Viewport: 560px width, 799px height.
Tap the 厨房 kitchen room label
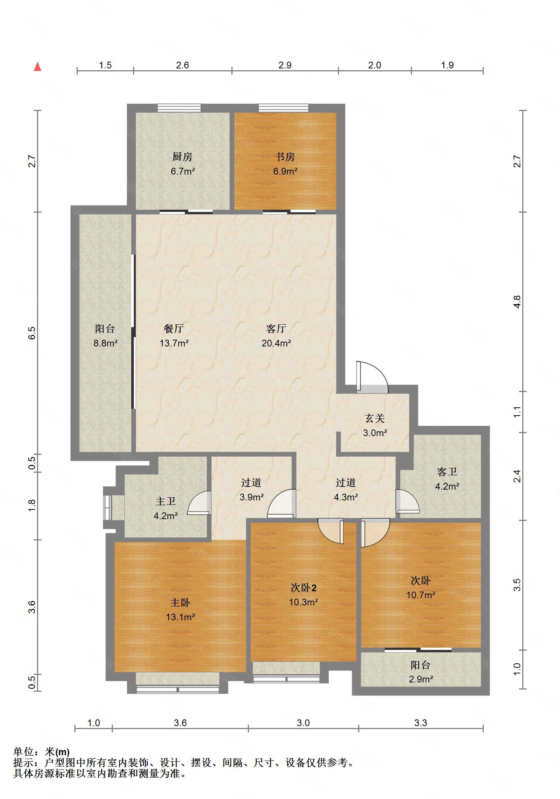(182, 157)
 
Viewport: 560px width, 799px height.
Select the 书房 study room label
(285, 157)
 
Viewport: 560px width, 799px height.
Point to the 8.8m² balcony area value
(106, 343)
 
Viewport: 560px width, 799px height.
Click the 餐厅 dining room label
(174, 328)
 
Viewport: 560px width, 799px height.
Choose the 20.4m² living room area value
(276, 343)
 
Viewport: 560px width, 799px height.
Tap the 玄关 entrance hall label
(375, 419)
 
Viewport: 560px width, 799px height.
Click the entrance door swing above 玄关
(372, 377)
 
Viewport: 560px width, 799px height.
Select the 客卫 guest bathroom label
(447, 472)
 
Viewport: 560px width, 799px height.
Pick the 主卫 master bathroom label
(166, 501)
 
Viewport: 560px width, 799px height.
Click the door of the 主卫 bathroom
(199, 503)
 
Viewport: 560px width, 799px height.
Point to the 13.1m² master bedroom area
(181, 617)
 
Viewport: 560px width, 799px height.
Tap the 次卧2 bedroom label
(304, 588)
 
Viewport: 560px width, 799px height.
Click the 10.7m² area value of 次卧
(421, 595)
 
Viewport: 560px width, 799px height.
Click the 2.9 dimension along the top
(285, 65)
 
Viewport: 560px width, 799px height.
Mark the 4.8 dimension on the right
(517, 302)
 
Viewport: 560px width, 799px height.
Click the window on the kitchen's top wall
(179, 108)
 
